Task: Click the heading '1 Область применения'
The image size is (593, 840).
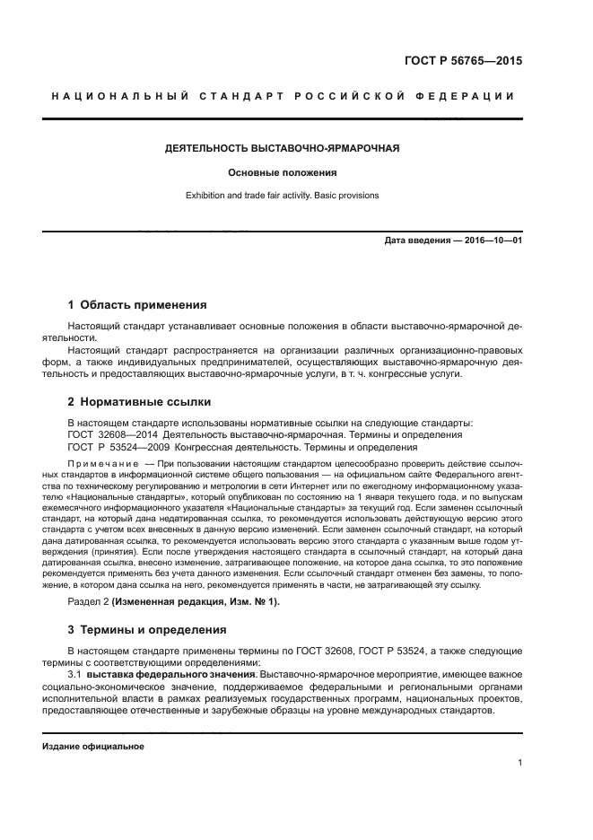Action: [137, 305]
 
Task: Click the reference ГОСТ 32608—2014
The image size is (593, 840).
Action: [108, 434]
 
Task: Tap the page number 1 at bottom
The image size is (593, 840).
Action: [519, 764]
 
